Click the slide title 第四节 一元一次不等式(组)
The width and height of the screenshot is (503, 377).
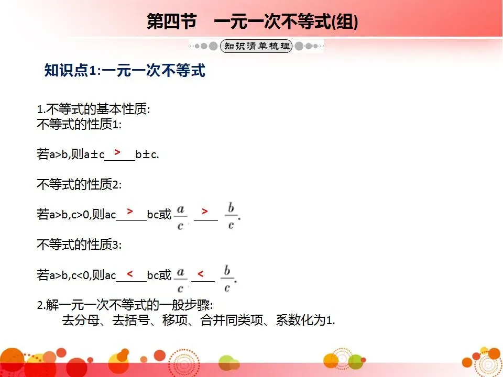253,23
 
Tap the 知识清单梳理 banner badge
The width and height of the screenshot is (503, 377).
256,46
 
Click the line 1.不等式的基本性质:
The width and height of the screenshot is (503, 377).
93,110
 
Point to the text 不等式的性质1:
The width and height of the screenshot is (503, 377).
79,125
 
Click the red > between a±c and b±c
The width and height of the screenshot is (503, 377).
118,152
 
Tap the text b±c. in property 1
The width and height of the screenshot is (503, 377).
147,154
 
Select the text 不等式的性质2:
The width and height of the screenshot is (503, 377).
79,184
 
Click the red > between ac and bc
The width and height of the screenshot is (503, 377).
129,211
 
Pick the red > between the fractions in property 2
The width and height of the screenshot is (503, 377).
205,212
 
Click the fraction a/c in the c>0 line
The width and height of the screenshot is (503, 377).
181,216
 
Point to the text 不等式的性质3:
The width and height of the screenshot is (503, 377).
79,244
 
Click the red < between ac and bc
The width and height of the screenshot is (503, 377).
129,273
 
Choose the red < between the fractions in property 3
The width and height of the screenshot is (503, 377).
201,273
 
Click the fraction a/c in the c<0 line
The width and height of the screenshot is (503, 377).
181,279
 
